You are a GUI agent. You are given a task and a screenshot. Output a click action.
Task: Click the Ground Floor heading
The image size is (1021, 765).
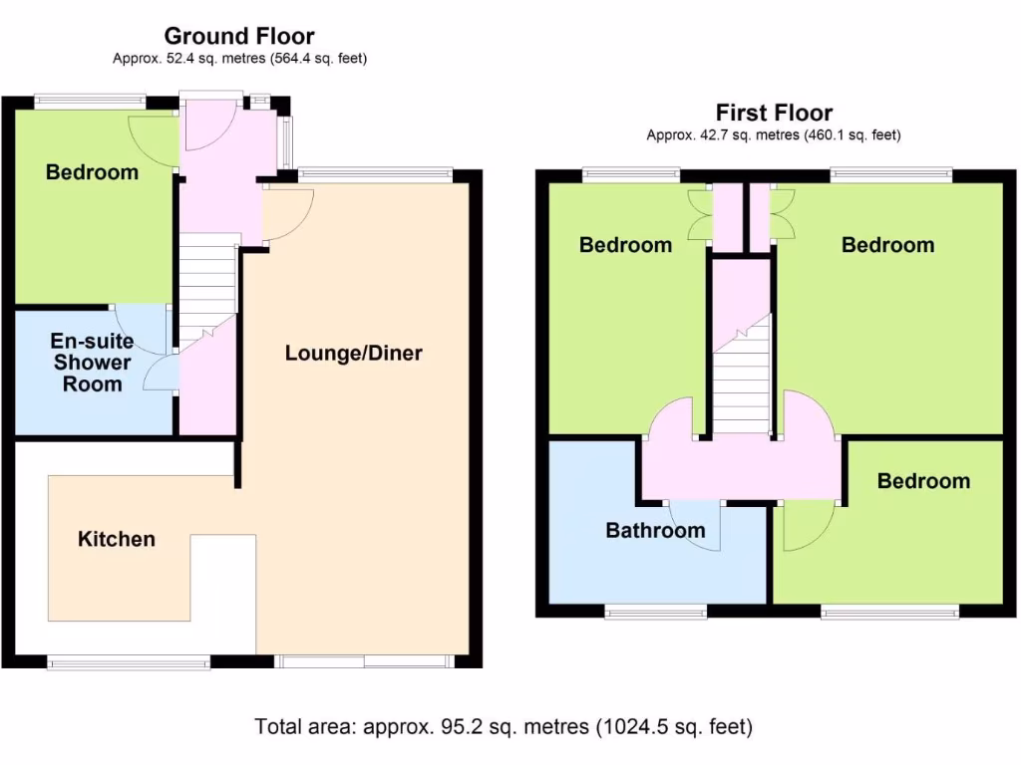point(239,36)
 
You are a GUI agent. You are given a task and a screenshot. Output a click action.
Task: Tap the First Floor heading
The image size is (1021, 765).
point(774,113)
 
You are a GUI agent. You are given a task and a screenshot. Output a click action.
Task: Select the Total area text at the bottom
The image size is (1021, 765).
point(504,726)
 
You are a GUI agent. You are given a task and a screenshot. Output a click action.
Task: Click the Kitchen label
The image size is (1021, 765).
point(117,539)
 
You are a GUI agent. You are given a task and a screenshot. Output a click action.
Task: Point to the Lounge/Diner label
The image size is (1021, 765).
point(354,353)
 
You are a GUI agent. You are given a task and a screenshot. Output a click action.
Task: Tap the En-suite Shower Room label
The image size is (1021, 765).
point(92,363)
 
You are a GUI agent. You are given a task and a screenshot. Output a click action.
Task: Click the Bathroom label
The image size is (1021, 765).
point(655,530)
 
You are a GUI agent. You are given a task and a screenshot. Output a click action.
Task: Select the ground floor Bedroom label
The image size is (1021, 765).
point(92,172)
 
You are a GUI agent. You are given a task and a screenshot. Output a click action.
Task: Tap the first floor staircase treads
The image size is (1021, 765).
point(742,383)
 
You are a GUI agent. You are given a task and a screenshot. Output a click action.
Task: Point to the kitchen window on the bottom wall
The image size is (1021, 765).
point(129,663)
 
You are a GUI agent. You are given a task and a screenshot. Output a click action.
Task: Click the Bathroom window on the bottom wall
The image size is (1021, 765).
point(655,612)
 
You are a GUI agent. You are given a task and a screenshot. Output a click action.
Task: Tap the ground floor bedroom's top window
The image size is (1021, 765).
point(90,101)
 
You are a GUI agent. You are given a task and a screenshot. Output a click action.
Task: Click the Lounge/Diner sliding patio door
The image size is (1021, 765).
point(363,661)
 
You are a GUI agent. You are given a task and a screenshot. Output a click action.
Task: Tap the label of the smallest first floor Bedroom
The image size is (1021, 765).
point(923,481)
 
